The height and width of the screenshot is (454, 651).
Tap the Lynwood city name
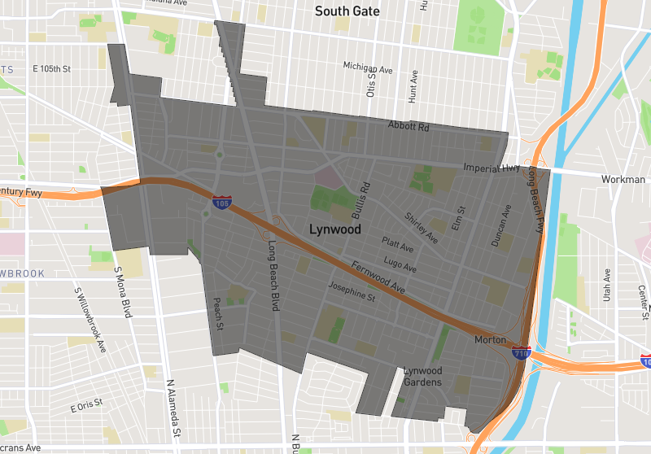(x=335, y=229)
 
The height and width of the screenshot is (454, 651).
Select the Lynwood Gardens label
(x=423, y=377)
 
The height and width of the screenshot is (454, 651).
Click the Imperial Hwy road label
(x=491, y=168)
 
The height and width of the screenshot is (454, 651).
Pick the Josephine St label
(x=351, y=292)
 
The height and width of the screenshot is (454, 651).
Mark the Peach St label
(x=218, y=313)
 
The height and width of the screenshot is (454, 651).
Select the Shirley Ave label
(x=422, y=228)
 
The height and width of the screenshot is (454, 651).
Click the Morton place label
(x=490, y=339)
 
